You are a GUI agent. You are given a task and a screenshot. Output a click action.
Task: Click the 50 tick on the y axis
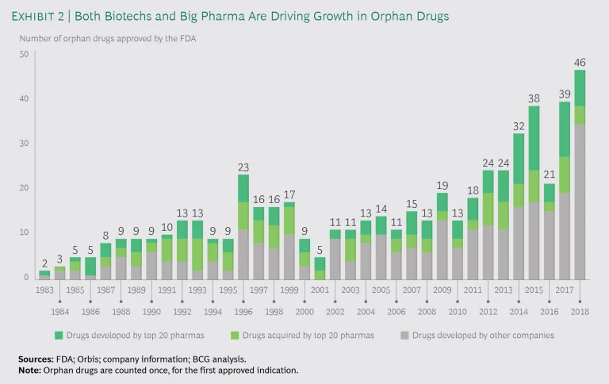point(24,54)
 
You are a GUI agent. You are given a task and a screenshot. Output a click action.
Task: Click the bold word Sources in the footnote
point(35,359)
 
